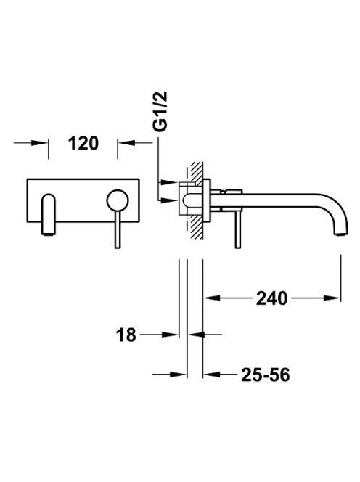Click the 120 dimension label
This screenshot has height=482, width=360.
click(83, 143)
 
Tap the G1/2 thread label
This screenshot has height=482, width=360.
click(162, 111)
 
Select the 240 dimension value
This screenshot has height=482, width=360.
click(271, 298)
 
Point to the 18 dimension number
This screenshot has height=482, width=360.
click(126, 335)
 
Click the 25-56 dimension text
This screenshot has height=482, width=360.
click(266, 375)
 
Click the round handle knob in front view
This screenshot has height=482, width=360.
click(118, 200)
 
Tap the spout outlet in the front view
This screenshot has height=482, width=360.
click(49, 234)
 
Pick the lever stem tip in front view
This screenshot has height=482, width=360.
click(118, 247)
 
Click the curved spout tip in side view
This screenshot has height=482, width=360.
click(341, 234)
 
